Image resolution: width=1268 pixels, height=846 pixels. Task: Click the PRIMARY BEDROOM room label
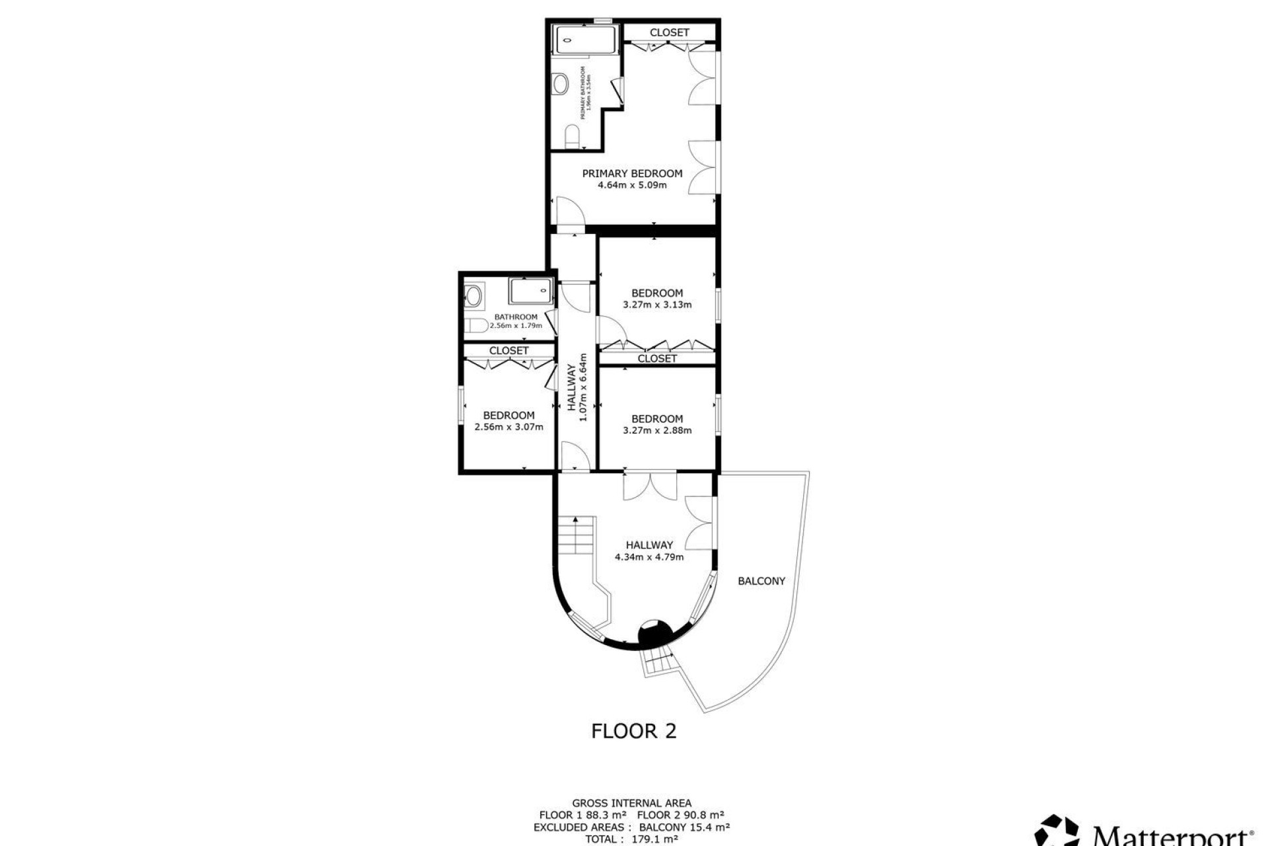coord(632,173)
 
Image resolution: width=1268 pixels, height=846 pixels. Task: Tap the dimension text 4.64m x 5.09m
coord(632,185)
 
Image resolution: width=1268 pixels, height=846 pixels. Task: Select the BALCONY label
coord(761,581)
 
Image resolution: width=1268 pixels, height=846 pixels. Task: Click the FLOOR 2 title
coord(633,731)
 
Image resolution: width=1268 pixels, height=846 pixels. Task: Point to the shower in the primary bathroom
coord(585,40)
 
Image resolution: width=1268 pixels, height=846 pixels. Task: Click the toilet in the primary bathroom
coord(573,137)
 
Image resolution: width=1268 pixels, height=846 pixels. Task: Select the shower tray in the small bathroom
coord(530,291)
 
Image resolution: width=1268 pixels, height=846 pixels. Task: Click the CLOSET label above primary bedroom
coord(669,32)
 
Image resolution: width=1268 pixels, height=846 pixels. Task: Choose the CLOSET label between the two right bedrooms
coord(657,358)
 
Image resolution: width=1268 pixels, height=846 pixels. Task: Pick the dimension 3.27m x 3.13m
coord(657,305)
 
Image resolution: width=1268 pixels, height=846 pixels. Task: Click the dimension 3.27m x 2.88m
coord(657,430)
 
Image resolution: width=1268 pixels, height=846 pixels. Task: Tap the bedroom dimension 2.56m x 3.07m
coord(509,427)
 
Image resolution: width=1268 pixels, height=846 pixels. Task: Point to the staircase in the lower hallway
coord(577,535)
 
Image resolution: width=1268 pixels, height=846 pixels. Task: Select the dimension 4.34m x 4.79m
coord(649,557)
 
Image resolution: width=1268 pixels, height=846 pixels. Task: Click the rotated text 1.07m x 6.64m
coord(582,387)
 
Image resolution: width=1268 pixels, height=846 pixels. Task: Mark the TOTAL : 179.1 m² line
coord(631,839)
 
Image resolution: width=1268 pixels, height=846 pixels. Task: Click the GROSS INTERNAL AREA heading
coord(631,804)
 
